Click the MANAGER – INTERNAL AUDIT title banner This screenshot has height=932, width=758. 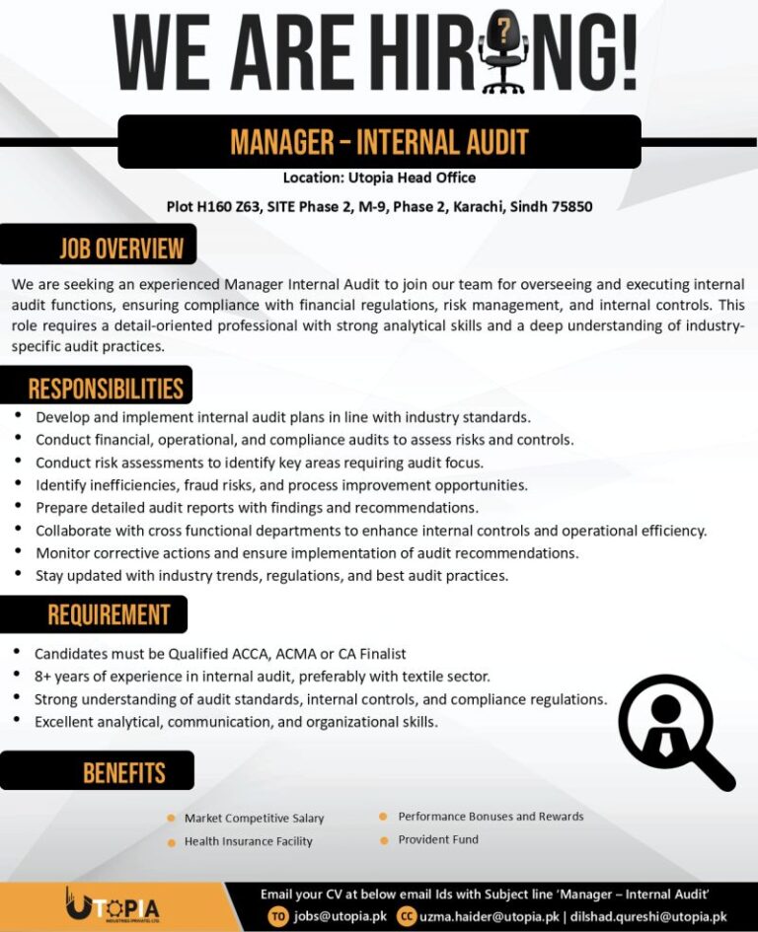(x=379, y=142)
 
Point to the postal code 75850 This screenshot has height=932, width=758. (x=571, y=207)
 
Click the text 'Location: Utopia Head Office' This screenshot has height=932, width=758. (x=379, y=178)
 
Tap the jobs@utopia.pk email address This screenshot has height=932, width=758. (x=341, y=916)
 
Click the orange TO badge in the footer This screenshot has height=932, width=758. (x=279, y=916)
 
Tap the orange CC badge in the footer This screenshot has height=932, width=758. (x=406, y=916)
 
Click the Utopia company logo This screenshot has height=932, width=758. (x=112, y=906)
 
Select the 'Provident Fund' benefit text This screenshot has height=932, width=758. (x=438, y=839)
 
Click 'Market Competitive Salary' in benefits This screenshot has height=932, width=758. (x=254, y=819)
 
